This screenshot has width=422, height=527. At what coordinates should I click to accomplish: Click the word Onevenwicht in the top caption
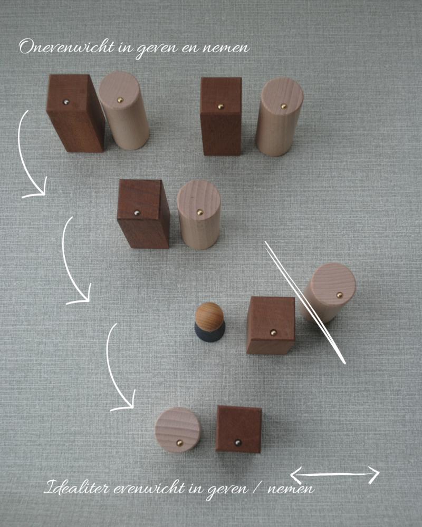66,47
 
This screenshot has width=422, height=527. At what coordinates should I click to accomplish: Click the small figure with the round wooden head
209,322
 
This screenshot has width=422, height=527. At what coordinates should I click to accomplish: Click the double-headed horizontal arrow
335,474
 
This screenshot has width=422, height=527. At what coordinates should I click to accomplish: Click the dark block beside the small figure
271,325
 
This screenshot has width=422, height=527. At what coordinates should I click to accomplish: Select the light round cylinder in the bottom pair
178,430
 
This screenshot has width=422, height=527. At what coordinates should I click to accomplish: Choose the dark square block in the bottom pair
238,429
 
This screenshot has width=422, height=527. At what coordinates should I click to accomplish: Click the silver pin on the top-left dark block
66,102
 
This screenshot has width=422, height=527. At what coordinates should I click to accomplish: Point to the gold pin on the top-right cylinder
284,106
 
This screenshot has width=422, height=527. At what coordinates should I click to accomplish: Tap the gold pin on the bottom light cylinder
180,443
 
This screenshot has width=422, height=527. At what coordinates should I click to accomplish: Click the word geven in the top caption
157,49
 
